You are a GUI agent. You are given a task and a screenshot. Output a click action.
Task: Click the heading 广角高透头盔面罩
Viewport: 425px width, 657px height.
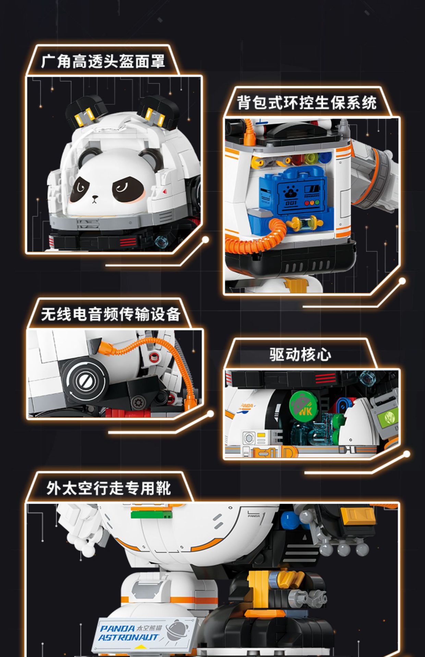point(103,62)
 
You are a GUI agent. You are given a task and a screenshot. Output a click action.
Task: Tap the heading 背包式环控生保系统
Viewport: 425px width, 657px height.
point(307,103)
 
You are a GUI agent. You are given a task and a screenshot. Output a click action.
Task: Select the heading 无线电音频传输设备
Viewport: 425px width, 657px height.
point(110,314)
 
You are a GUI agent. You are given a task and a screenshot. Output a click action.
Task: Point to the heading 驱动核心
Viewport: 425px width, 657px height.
point(300,355)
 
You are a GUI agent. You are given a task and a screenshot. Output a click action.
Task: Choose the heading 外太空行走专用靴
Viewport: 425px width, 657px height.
point(108,488)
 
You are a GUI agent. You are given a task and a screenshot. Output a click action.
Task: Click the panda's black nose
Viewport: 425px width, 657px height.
point(95,197)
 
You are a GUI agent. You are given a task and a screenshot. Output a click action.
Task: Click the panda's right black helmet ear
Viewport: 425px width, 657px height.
point(158,109)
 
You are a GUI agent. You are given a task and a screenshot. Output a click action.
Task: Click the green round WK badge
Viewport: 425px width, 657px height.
point(303,406)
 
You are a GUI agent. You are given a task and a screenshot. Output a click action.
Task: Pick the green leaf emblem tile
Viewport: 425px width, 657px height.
point(389,417)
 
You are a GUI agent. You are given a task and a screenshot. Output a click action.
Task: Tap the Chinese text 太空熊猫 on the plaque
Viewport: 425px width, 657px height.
point(149,628)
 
